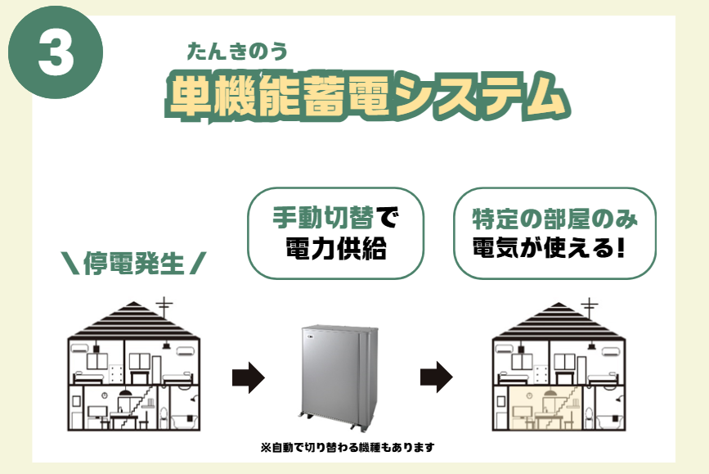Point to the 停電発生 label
[x=133, y=264]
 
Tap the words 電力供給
[x=335, y=248]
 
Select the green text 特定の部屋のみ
[x=554, y=219]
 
